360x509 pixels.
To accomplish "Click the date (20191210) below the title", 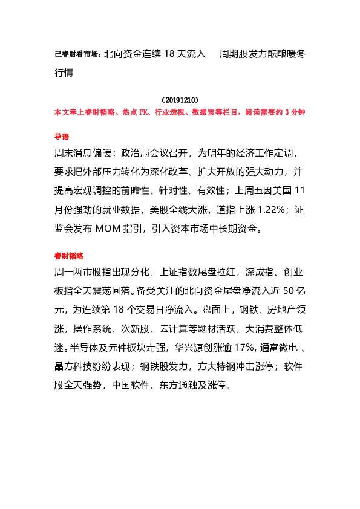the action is (x=180, y=99).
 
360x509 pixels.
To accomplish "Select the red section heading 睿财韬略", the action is (x=67, y=256).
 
